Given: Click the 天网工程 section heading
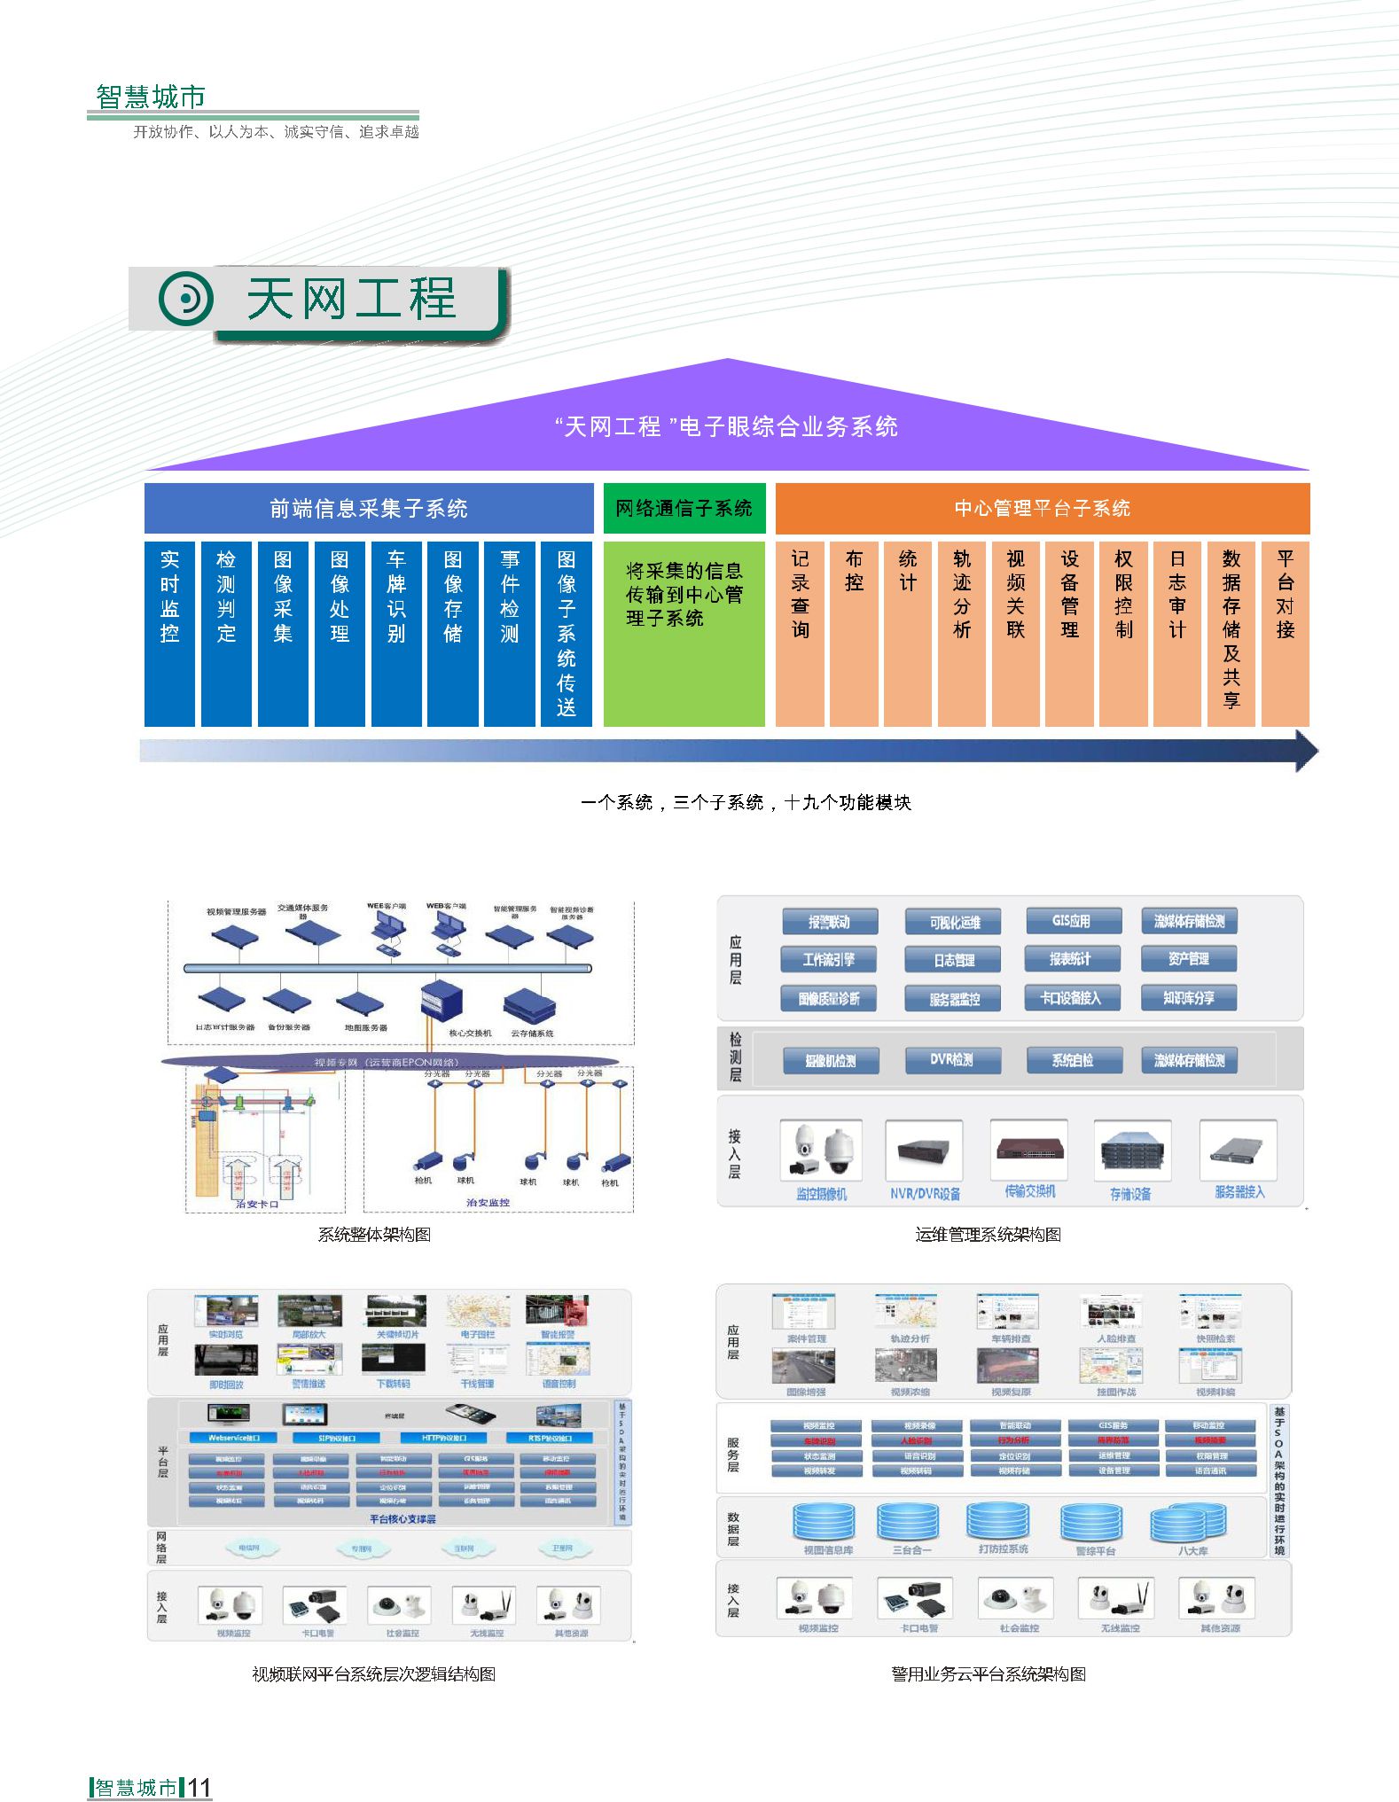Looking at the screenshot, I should pyautogui.click(x=350, y=299).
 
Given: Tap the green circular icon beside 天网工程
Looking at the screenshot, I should pyautogui.click(x=186, y=299).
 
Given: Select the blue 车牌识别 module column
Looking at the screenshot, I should pyautogui.click(x=396, y=634).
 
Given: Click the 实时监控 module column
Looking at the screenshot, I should pyautogui.click(x=169, y=634).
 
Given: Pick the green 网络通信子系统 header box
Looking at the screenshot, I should pyautogui.click(x=684, y=508).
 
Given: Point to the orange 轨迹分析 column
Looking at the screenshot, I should pyautogui.click(x=962, y=634).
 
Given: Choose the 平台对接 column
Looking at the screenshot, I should pyautogui.click(x=1285, y=634).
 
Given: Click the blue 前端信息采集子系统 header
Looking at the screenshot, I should pyautogui.click(x=369, y=508).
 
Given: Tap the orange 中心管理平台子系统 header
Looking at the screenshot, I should pyautogui.click(x=1042, y=508).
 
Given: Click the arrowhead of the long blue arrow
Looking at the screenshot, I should pyautogui.click(x=1305, y=751).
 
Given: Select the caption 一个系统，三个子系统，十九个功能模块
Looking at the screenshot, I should pyautogui.click(x=746, y=802).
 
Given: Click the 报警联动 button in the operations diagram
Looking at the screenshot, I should pyautogui.click(x=830, y=922).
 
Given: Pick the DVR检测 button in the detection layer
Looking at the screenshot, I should pyautogui.click(x=952, y=1060).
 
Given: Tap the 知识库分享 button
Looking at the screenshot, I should pyautogui.click(x=1189, y=998).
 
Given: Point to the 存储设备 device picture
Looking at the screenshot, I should pyautogui.click(x=1131, y=1150).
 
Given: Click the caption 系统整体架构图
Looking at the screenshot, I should pyautogui.click(x=374, y=1234).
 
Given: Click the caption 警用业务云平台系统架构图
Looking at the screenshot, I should pyautogui.click(x=988, y=1673).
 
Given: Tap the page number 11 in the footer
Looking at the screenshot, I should pyautogui.click(x=199, y=1787).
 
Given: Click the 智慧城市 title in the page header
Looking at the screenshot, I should pyautogui.click(x=151, y=97).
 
